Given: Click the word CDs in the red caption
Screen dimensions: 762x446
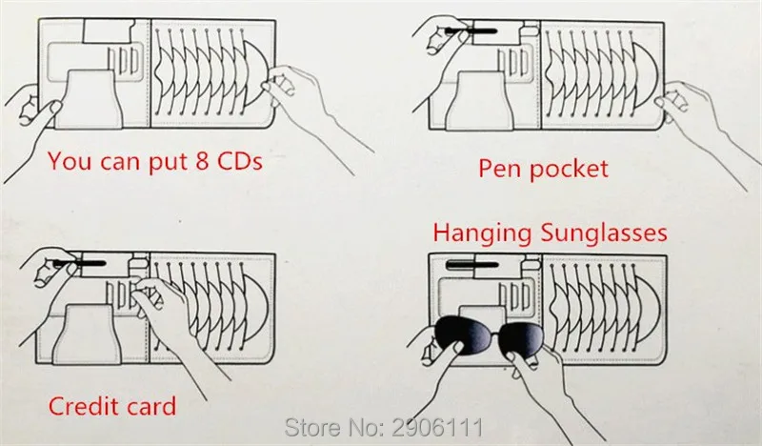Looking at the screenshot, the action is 240,161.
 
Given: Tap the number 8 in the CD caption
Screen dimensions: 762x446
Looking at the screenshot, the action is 202,161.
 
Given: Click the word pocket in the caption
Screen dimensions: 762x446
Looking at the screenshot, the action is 569,170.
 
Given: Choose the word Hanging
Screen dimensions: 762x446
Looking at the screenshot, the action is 483,233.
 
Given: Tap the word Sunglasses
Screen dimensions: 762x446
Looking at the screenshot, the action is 604,233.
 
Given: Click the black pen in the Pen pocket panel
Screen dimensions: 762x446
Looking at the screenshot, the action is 471,31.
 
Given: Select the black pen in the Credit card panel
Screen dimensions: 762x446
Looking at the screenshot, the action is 79,264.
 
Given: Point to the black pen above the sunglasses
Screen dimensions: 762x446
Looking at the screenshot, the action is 472,265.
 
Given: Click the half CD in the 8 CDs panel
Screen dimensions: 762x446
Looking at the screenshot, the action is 256,73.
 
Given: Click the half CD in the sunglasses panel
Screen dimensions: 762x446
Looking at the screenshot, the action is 647,310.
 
